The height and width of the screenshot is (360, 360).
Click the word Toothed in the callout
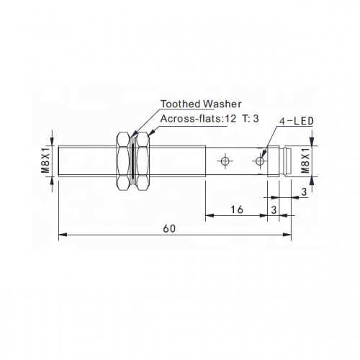click(x=181, y=104)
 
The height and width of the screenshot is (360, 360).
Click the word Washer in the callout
click(x=222, y=104)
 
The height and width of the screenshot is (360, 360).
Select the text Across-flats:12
click(x=198, y=119)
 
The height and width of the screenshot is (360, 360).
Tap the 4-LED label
click(x=297, y=121)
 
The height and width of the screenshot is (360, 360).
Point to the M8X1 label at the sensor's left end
click(x=45, y=160)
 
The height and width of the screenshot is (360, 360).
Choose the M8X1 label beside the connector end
click(x=305, y=160)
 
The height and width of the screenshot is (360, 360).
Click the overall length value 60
click(x=169, y=228)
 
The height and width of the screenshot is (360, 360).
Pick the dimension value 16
click(x=237, y=210)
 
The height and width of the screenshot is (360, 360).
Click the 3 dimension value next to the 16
click(x=274, y=210)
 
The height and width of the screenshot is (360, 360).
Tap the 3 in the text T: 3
click(x=256, y=119)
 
